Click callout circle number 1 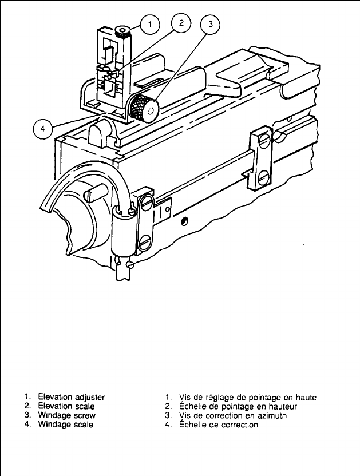[x=150, y=25]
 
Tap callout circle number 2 [x=181, y=23]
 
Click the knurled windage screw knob [x=144, y=108]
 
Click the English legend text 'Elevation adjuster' [x=71, y=396]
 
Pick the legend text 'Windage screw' [x=66, y=415]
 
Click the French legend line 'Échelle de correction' [x=218, y=425]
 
